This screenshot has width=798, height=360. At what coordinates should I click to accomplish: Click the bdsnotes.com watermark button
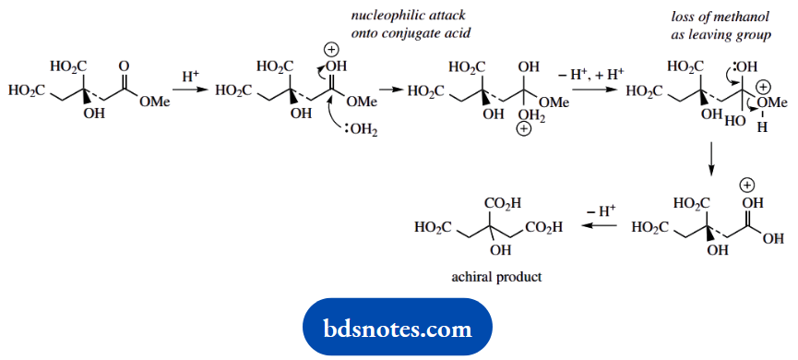[398, 328]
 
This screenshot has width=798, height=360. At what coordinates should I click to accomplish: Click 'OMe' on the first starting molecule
[154, 103]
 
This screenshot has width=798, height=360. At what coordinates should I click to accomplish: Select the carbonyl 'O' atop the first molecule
[124, 66]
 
